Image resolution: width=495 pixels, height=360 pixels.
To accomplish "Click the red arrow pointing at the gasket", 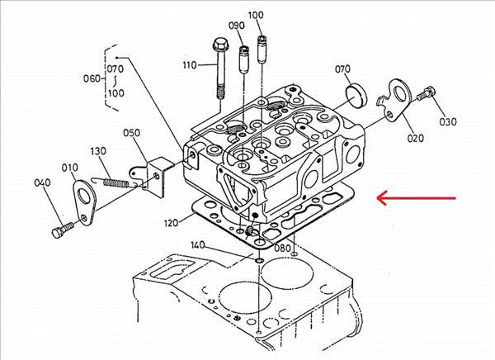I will (x=417, y=197).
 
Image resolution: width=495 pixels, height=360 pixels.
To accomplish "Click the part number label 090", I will (x=237, y=26).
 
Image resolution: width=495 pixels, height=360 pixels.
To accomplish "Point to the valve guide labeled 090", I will (x=243, y=61).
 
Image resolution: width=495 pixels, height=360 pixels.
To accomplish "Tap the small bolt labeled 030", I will (x=426, y=96).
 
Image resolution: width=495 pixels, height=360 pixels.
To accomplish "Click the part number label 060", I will (x=92, y=78).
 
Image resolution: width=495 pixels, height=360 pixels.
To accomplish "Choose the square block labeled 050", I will (x=158, y=174).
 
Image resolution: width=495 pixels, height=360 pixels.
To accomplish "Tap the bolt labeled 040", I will (x=59, y=230).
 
